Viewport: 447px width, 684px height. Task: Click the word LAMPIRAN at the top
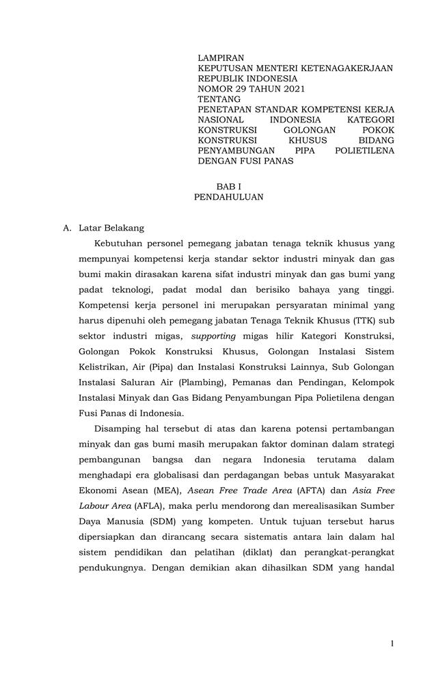click(221, 58)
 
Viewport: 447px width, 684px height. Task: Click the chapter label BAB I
click(229, 186)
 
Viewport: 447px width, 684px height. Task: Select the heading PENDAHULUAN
click(228, 197)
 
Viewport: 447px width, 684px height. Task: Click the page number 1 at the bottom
click(392, 643)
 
